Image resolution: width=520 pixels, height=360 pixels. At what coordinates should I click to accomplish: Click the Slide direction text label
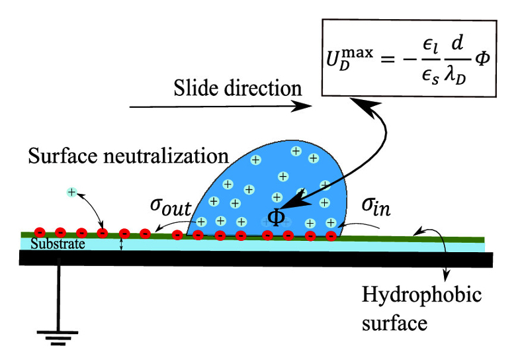click(x=238, y=88)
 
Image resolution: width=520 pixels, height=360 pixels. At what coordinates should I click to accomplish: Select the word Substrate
click(x=45, y=245)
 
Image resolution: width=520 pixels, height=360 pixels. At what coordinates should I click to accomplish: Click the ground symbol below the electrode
click(x=58, y=336)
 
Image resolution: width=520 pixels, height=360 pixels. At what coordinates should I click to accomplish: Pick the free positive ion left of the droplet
click(x=71, y=192)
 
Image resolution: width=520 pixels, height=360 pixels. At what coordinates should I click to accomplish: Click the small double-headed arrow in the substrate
click(x=121, y=245)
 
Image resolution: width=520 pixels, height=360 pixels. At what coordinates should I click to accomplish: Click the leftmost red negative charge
click(x=38, y=232)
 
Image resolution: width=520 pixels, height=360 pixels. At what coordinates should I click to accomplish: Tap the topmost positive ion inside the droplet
click(x=296, y=152)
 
